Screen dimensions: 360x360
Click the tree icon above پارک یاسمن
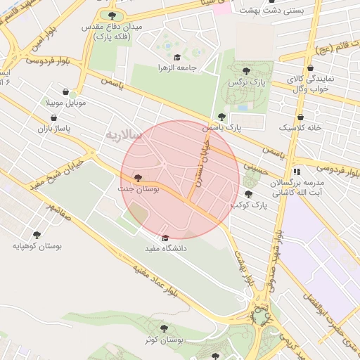(x=221, y=117)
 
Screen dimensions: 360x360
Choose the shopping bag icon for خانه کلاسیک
(x=301, y=117)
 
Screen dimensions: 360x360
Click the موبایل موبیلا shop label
(x=65, y=103)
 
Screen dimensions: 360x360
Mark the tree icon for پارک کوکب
(x=247, y=194)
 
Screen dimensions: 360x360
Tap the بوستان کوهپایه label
(x=37, y=246)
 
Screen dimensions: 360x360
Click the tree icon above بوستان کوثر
(x=164, y=328)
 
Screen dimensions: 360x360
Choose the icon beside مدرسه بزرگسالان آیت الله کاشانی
(x=297, y=171)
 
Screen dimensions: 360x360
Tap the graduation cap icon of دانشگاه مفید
(x=165, y=238)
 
